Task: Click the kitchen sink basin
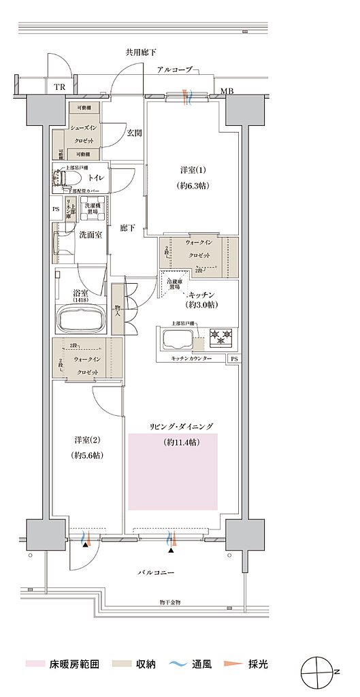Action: click(x=176, y=338)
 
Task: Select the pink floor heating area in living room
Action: click(x=172, y=471)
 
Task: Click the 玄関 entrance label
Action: click(x=134, y=133)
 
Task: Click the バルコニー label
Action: click(x=157, y=572)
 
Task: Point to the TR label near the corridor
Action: click(x=60, y=86)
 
